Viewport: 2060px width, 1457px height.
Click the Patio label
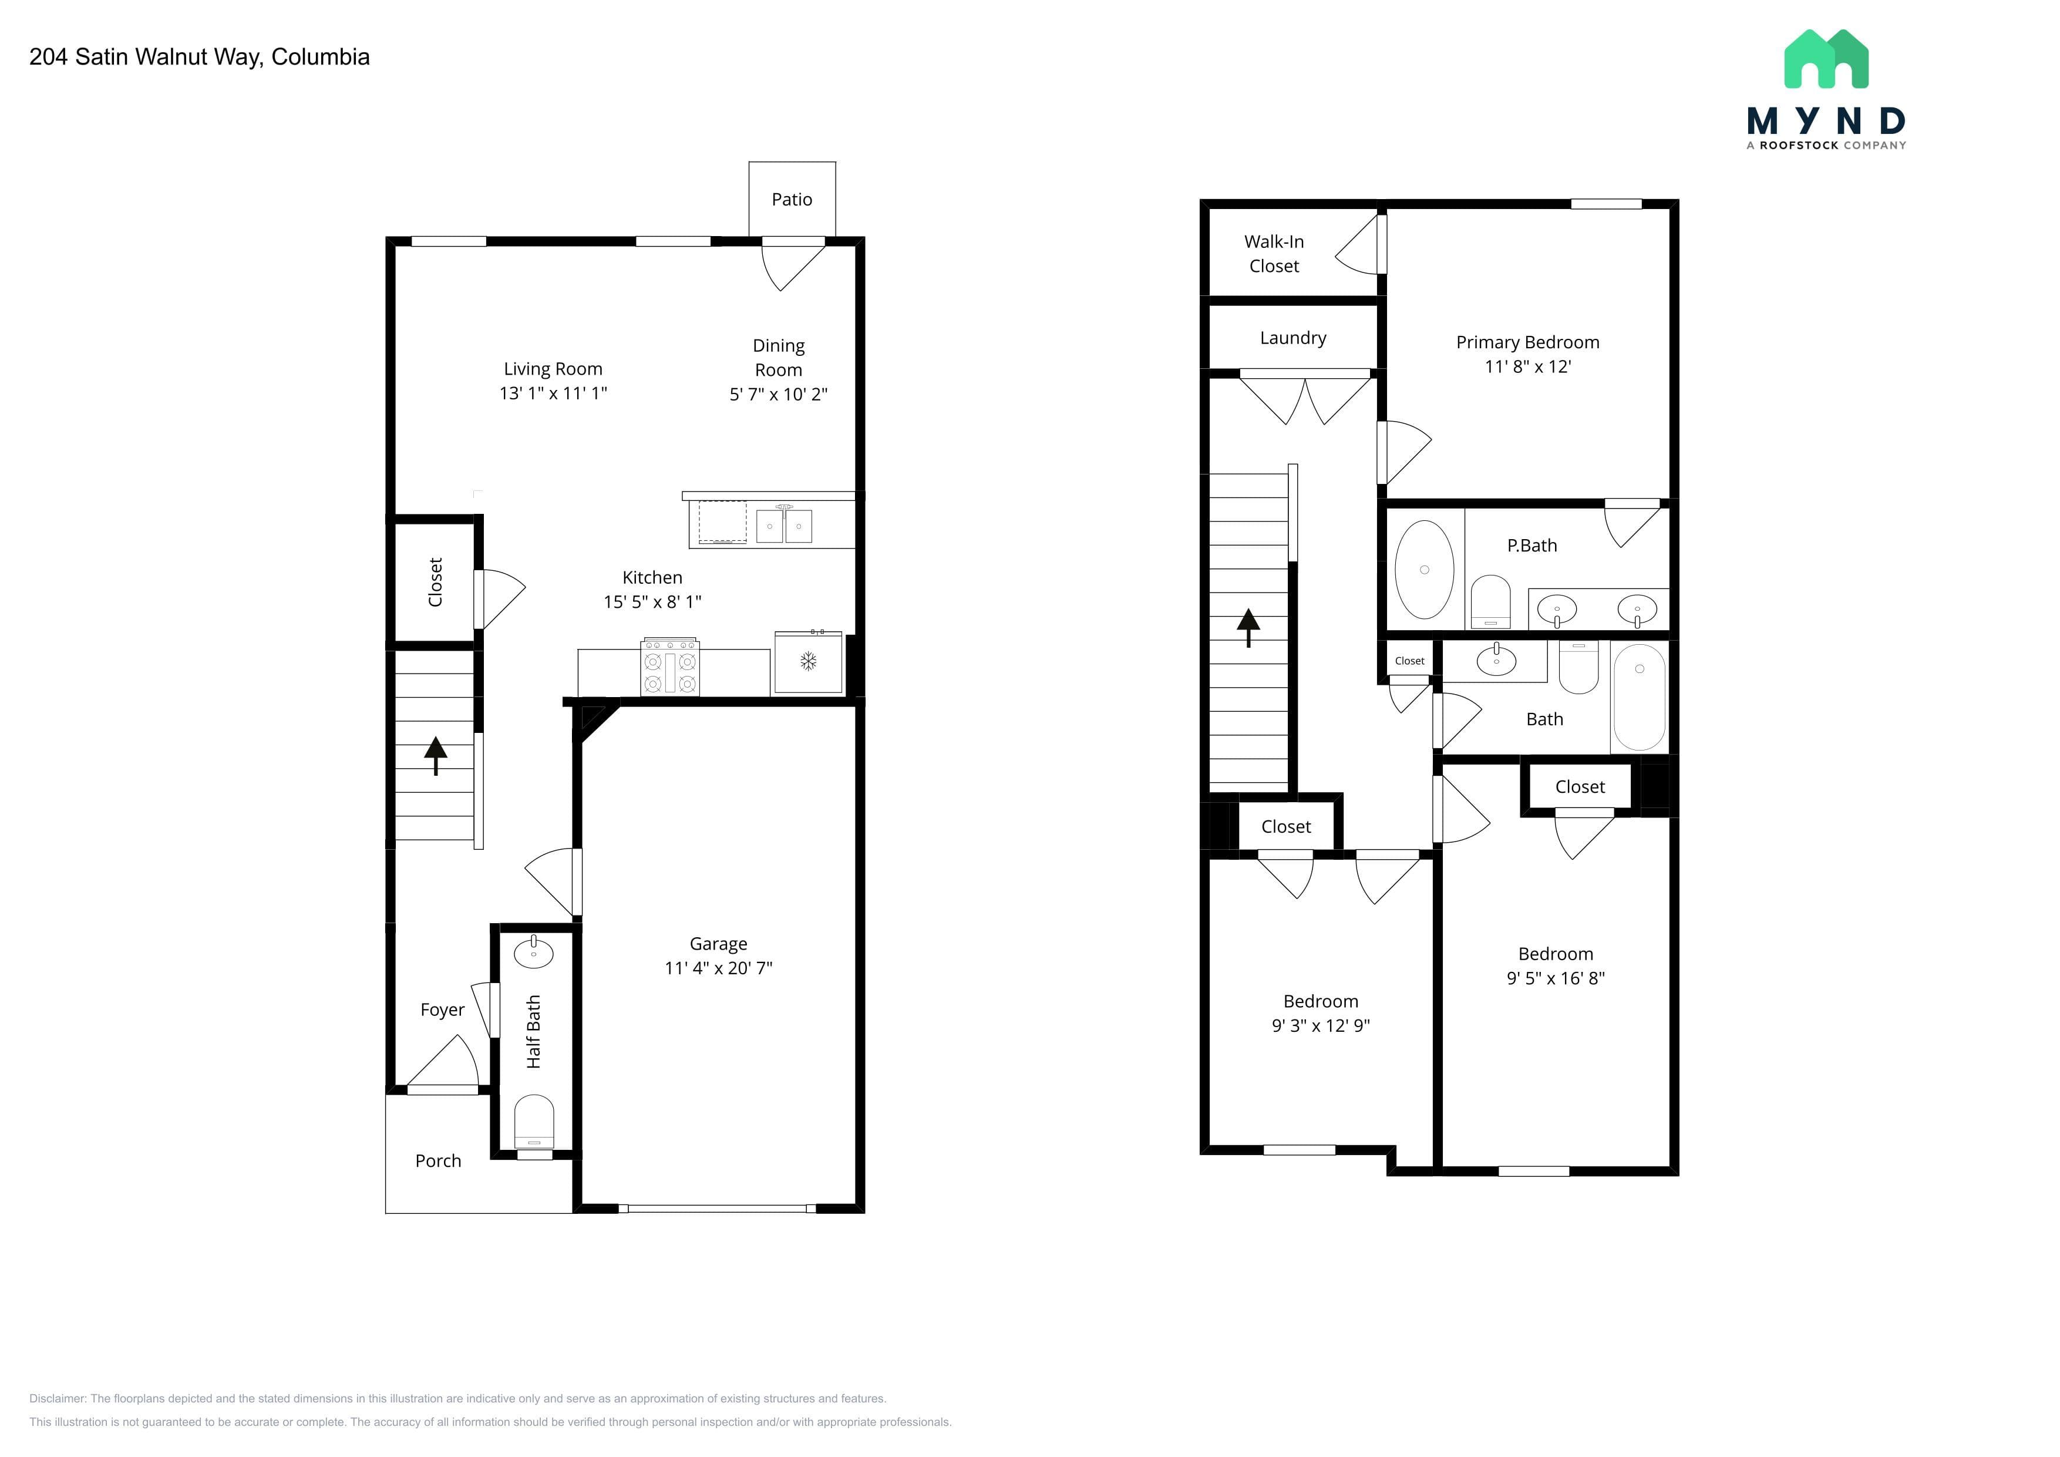[792, 199]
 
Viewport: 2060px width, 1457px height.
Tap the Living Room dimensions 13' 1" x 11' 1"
[553, 393]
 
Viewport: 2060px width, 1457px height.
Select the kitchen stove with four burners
[670, 667]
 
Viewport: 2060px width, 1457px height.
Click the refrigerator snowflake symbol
[809, 662]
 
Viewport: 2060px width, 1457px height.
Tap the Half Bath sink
[534, 950]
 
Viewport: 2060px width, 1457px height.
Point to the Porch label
[438, 1161]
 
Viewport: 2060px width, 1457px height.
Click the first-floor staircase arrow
[436, 755]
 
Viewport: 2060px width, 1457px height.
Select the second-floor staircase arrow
[1248, 628]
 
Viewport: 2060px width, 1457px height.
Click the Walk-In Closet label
[1274, 254]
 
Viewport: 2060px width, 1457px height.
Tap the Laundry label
[1293, 338]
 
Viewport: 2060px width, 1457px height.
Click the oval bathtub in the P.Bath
[1424, 570]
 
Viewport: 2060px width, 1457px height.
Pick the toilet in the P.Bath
[1490, 602]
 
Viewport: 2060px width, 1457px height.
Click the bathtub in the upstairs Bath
[1639, 697]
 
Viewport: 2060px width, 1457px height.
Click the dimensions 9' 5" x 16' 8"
[1555, 978]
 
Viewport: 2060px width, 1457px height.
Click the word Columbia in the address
[320, 56]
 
